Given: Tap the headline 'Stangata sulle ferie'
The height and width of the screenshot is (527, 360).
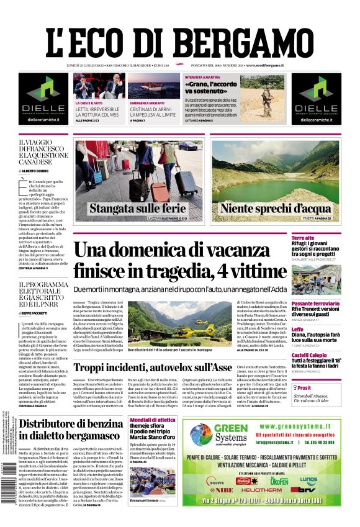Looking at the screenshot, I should [x=137, y=208].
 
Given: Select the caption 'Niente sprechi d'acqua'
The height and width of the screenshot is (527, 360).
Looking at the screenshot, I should [x=267, y=208].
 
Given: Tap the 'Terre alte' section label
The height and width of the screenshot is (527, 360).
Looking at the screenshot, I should [x=320, y=238].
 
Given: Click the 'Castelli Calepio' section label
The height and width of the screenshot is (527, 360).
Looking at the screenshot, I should [x=326, y=355].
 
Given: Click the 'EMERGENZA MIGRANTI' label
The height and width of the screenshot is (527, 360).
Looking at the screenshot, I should [x=148, y=102].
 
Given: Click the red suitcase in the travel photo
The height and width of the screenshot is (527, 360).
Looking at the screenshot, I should [x=159, y=190].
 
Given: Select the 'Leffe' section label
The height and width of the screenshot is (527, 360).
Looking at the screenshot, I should [x=315, y=329].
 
